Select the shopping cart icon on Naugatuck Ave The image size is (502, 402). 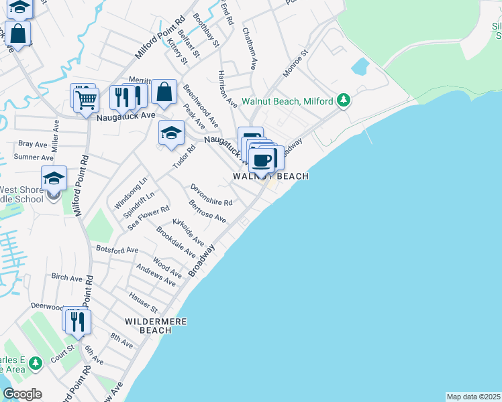click(86, 101)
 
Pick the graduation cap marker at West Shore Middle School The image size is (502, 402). click(54, 179)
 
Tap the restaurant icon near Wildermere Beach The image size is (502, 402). click(78, 322)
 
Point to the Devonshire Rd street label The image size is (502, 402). click(211, 194)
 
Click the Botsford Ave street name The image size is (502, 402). click(117, 249)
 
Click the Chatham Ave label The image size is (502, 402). click(250, 49)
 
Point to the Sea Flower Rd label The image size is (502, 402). click(149, 219)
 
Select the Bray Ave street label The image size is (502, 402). click(33, 143)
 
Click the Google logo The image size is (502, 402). click(22, 394)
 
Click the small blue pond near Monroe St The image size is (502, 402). click(360, 66)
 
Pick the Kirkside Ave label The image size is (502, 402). click(188, 231)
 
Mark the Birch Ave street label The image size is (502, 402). click(66, 276)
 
